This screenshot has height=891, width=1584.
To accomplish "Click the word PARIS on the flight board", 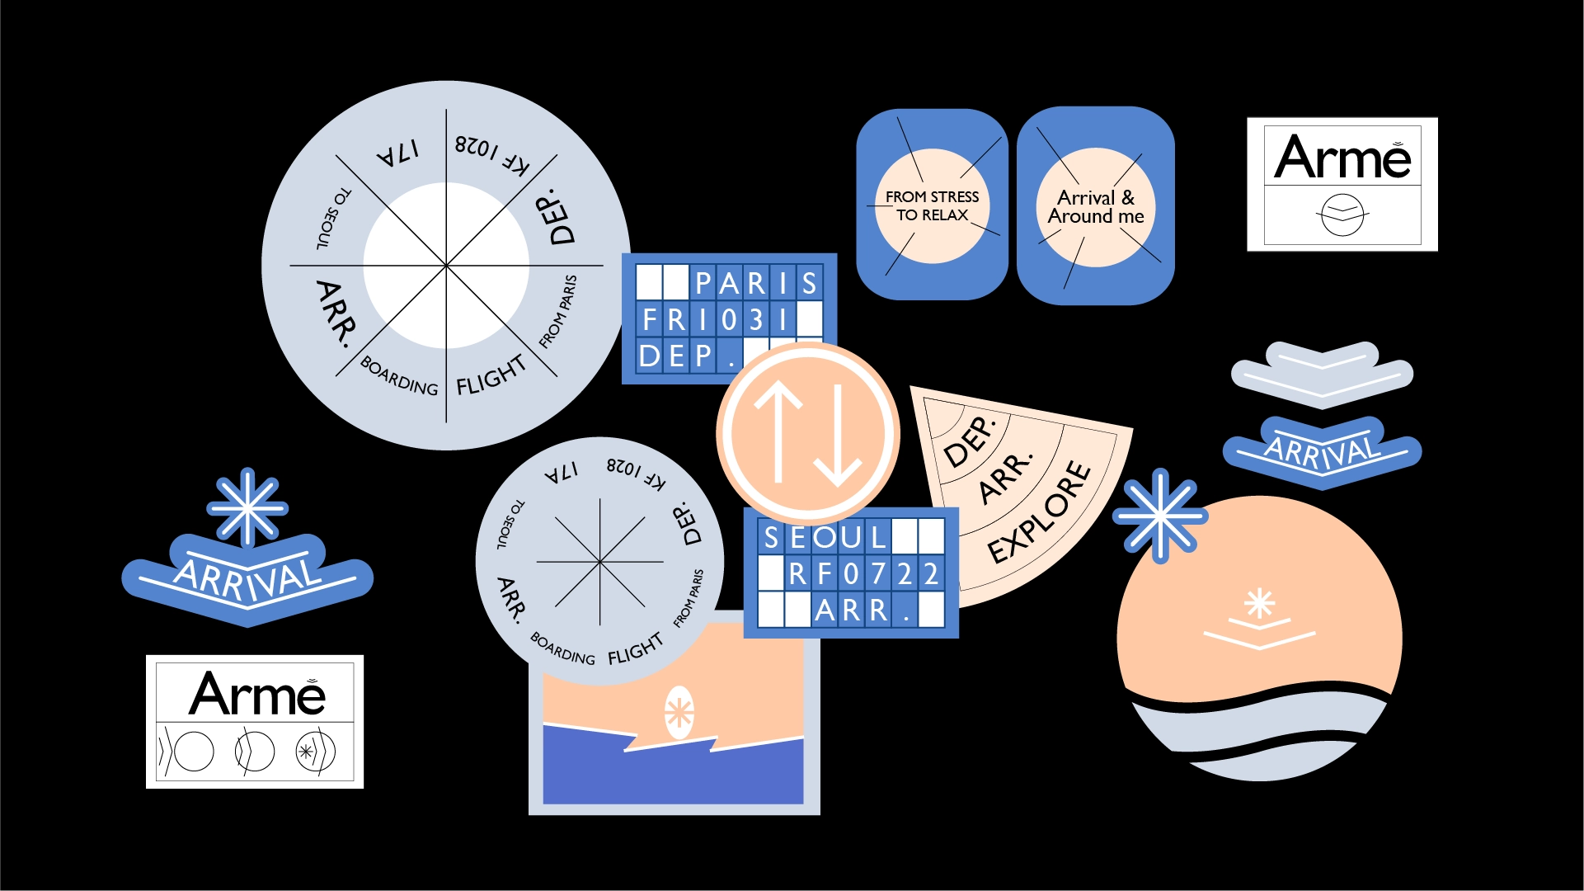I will (755, 283).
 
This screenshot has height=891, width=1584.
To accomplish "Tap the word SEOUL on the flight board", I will (824, 537).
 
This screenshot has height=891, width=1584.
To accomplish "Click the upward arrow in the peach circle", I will (778, 433).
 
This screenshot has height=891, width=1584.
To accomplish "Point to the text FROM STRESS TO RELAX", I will (932, 206).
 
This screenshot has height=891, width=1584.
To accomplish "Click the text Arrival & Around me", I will (1096, 207).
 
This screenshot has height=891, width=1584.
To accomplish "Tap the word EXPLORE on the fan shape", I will (1040, 512).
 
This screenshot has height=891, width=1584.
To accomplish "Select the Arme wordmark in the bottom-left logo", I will (257, 694).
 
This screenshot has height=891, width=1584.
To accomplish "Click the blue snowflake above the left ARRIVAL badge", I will (247, 507).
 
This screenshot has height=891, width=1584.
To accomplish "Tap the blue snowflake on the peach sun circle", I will (1160, 516).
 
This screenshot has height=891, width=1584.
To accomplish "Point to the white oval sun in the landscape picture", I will (679, 712).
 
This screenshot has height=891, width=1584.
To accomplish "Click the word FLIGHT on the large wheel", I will (491, 376).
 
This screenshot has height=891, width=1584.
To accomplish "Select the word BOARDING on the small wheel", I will (562, 649).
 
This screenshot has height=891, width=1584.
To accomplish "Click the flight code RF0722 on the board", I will (863, 573).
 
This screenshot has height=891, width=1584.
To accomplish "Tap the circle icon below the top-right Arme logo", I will (1342, 215).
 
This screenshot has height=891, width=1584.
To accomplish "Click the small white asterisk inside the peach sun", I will (1259, 603).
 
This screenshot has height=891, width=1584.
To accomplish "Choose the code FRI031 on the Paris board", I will (716, 319).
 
